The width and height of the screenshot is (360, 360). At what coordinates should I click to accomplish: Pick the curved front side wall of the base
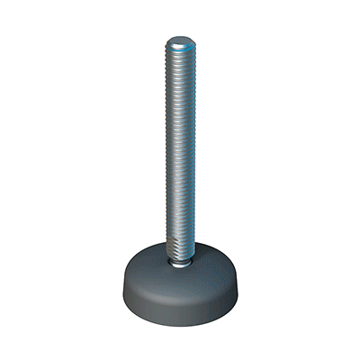tap(179, 301)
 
